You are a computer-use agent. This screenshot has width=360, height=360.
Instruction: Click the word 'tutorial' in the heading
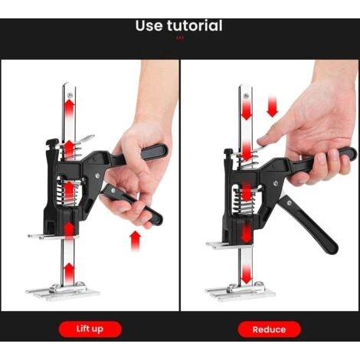[x=195, y=25]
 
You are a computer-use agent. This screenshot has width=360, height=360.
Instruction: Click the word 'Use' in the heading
[x=149, y=26]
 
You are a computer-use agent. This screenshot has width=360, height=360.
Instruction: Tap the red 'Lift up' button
[x=90, y=329]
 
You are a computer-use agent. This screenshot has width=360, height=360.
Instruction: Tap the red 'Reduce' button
[x=269, y=329]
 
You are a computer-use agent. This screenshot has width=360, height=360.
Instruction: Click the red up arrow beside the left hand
[x=135, y=241]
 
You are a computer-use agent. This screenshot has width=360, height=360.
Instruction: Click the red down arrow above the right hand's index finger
[x=273, y=106]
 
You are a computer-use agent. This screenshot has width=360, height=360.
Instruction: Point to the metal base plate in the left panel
[x=63, y=292]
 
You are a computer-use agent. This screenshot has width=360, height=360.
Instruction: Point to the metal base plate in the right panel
[x=241, y=292]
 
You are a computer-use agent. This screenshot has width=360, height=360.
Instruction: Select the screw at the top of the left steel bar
[x=70, y=96]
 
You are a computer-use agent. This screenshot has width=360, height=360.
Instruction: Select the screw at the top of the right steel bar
[x=246, y=96]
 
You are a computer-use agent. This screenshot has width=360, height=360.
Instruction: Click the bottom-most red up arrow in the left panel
[x=69, y=272]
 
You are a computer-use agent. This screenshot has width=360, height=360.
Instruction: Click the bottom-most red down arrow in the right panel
[x=246, y=274]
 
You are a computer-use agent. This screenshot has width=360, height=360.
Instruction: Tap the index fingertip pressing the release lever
[x=262, y=140]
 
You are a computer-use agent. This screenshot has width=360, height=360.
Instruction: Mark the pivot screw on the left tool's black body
[x=97, y=175]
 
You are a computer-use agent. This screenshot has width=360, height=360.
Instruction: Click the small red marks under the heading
[x=180, y=38]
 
